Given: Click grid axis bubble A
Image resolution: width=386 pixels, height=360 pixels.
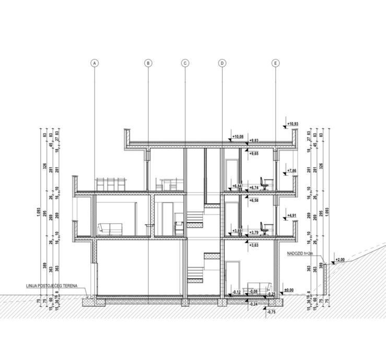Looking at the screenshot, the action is click(x=95, y=63).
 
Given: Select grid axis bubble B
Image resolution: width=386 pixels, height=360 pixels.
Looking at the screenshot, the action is click(x=148, y=63).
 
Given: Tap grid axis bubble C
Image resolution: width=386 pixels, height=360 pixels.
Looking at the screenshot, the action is click(x=185, y=63).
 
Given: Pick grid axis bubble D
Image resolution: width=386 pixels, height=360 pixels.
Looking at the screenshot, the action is click(x=222, y=63).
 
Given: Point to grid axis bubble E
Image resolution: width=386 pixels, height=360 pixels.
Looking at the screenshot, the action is click(x=275, y=63).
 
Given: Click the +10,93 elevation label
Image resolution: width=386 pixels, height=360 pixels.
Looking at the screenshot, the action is click(x=294, y=124).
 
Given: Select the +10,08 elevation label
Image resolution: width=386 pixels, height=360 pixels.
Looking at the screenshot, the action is click(x=238, y=137).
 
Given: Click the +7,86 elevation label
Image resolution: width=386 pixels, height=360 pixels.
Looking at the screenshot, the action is click(x=292, y=171).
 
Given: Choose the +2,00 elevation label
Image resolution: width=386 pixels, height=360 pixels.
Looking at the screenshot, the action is click(x=339, y=260).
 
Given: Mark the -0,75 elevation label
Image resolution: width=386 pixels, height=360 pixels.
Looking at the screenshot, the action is click(x=271, y=312).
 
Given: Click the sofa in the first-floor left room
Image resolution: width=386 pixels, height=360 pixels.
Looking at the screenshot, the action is click(x=110, y=229).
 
